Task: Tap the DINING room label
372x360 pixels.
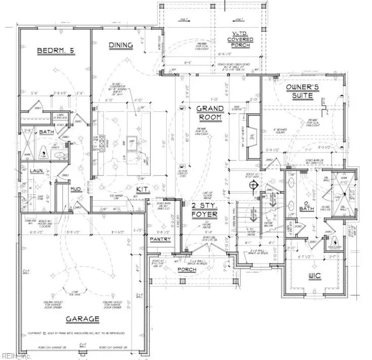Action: (x=121, y=45)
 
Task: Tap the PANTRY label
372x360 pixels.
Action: (x=160, y=239)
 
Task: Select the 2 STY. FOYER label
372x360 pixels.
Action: (x=204, y=209)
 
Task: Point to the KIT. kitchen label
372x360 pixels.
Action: (x=142, y=190)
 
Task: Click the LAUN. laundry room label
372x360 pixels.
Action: (x=35, y=171)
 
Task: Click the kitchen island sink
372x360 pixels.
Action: (x=133, y=143)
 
